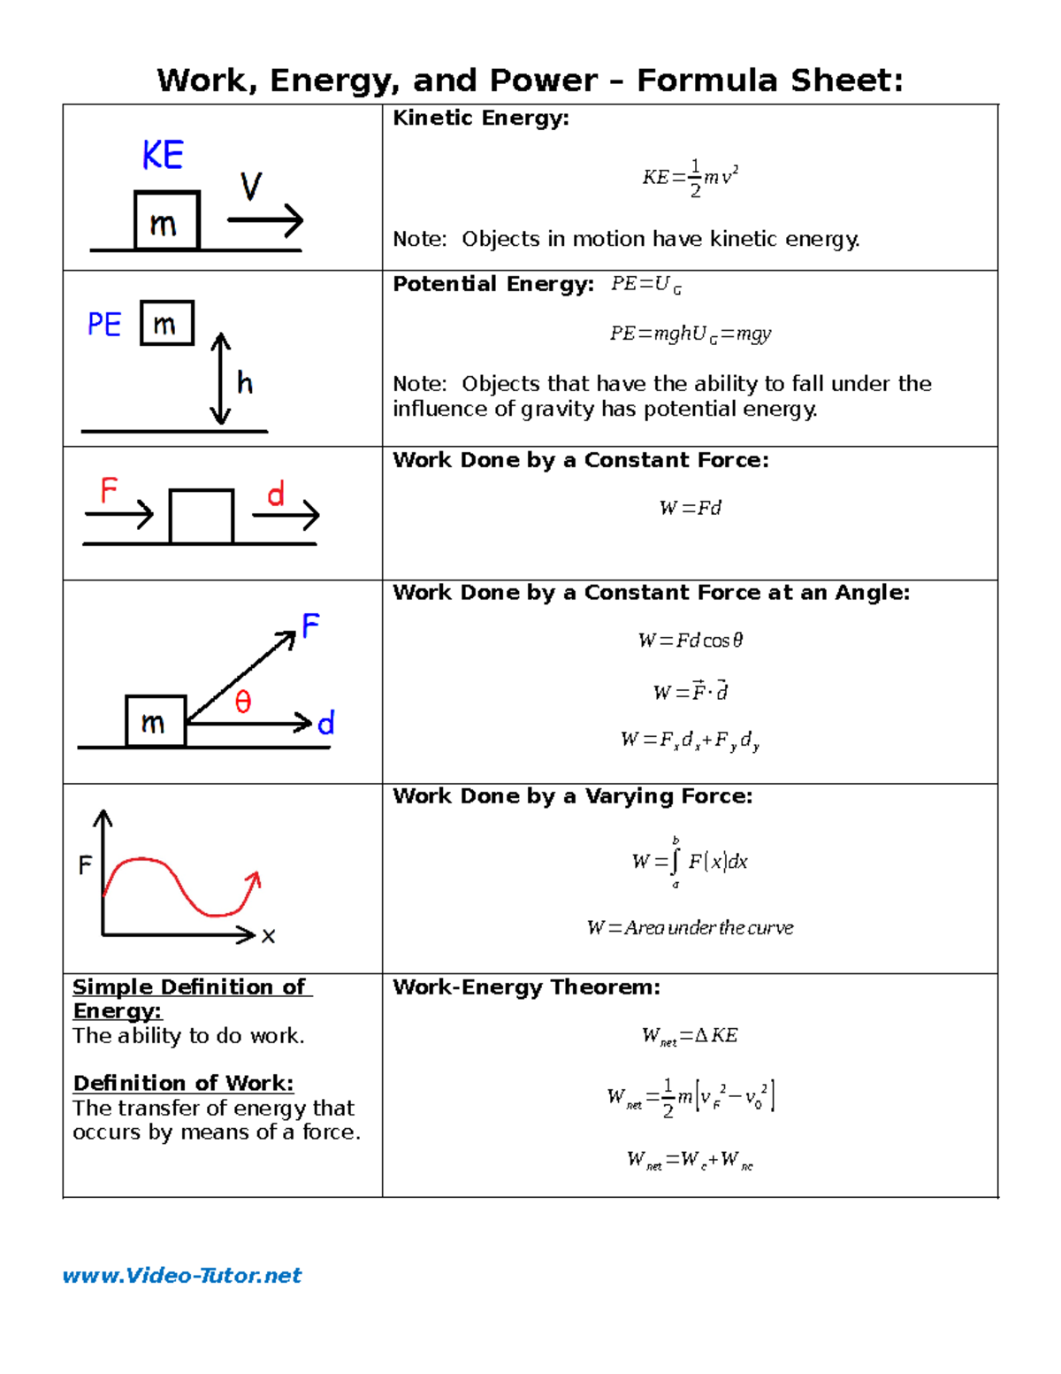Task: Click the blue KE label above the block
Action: [x=163, y=156]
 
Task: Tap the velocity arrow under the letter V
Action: [x=265, y=220]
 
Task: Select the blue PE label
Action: [x=104, y=325]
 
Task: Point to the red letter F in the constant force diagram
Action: [x=109, y=490]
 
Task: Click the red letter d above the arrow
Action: [x=276, y=494]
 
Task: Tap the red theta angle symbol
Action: [x=243, y=702]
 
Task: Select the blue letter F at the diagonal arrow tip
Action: [x=310, y=626]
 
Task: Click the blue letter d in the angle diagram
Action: [x=326, y=724]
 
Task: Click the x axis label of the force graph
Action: [x=269, y=936]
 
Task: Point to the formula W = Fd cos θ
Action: [x=690, y=640]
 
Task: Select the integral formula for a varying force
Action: [x=690, y=861]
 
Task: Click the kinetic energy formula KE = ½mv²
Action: [x=690, y=178]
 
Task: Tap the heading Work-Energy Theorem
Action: [x=526, y=987]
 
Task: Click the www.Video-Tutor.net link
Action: [x=181, y=1275]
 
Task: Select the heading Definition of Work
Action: [x=183, y=1083]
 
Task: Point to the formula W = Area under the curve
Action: [x=690, y=927]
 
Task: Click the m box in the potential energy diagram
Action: [x=166, y=324]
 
